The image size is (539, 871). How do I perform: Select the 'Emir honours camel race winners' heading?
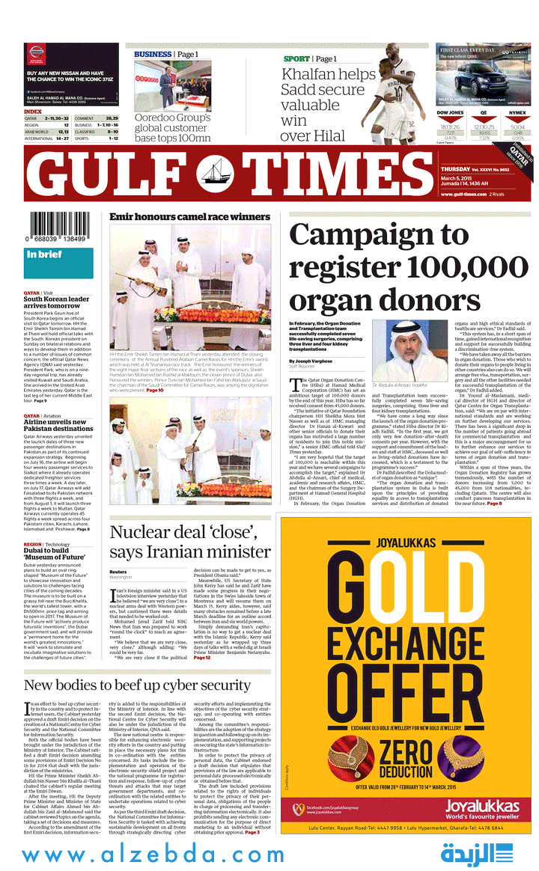[189, 216]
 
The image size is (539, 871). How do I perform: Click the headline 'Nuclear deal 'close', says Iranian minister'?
[190, 542]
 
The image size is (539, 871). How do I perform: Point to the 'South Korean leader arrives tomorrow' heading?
[56, 302]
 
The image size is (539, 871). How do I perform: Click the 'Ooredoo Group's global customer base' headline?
[172, 127]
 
